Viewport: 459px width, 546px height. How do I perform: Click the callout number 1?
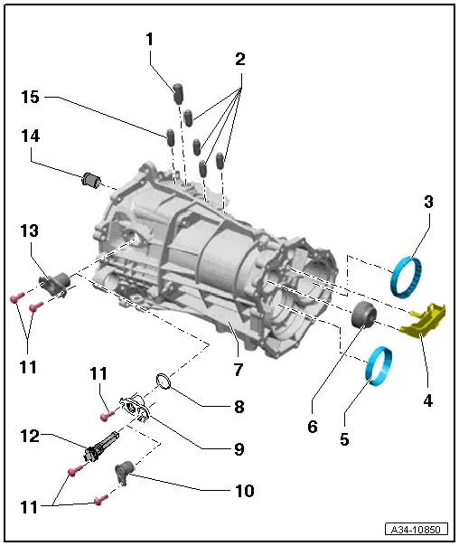150,39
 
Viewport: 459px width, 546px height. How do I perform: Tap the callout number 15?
32,97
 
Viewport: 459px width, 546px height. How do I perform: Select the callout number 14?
32,136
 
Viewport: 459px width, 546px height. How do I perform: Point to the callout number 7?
239,370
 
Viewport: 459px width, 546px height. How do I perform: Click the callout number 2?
240,60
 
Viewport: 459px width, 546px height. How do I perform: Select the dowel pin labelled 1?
178,93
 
